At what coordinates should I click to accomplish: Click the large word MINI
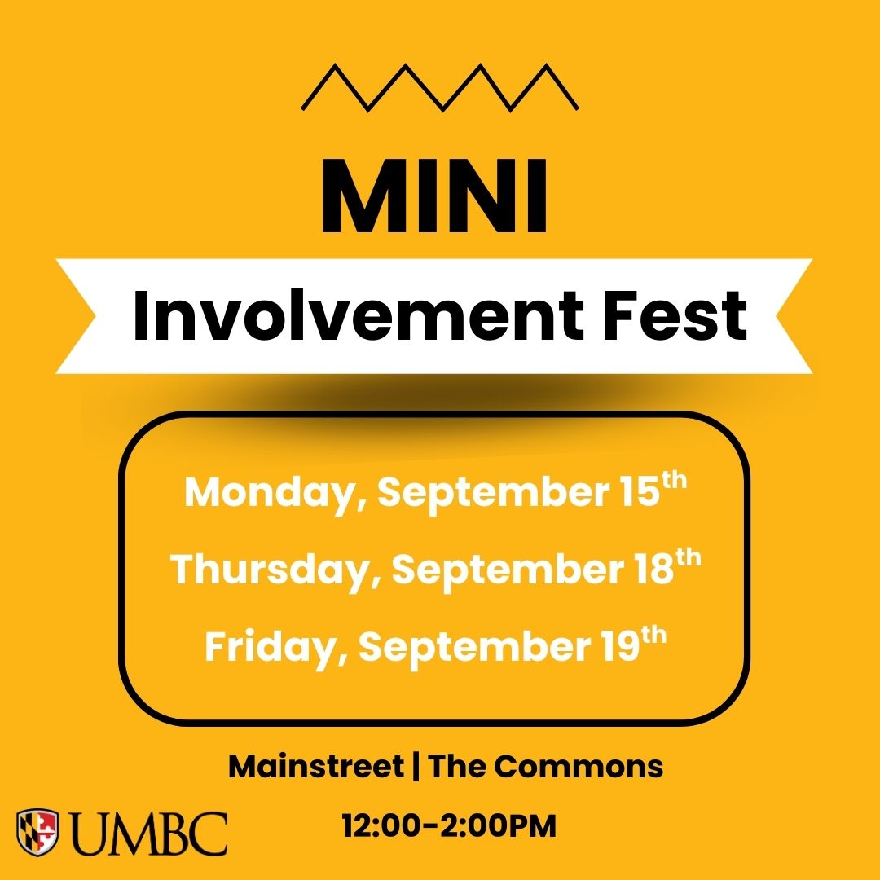point(433,196)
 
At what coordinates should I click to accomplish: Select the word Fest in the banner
point(675,315)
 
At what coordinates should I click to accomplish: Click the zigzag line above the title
point(440,87)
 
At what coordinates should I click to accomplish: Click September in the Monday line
point(493,493)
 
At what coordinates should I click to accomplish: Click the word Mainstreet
point(316,767)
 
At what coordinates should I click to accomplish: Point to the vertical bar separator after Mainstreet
point(416,767)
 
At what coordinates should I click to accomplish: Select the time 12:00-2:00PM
point(449,826)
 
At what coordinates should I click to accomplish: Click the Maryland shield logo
point(37,832)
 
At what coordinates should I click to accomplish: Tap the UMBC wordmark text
point(151,834)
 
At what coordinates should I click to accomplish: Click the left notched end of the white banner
point(76,316)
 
